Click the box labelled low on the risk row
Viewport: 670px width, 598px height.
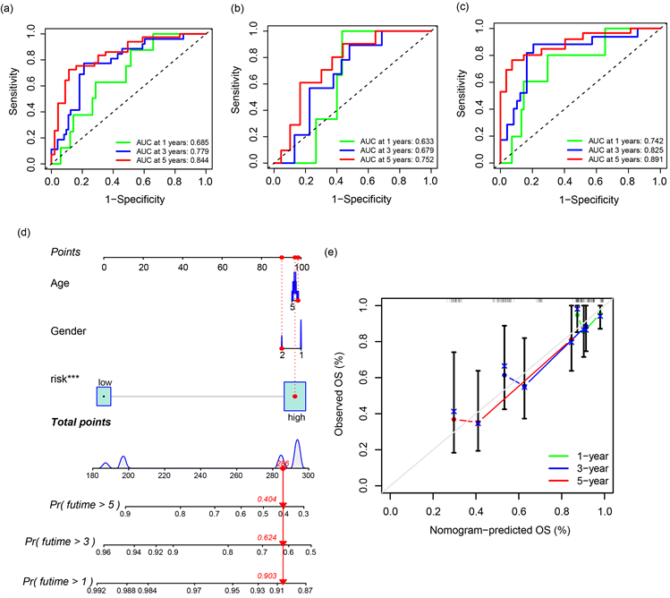click(104, 395)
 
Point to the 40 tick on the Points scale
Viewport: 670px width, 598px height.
click(182, 268)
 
